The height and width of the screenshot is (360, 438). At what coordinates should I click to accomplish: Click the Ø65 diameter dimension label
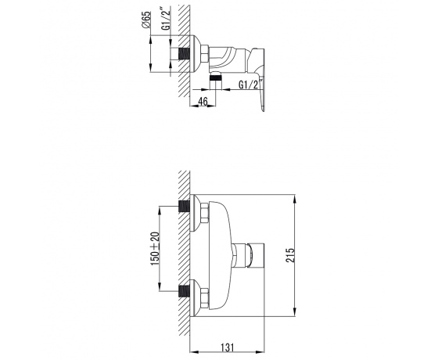pyautogui.click(x=146, y=20)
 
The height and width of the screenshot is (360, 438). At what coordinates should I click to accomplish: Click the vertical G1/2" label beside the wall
pyautogui.click(x=166, y=19)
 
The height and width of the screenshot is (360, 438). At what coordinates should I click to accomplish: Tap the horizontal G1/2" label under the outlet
pyautogui.click(x=251, y=84)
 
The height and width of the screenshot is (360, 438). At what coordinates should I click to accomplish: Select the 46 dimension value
pyautogui.click(x=203, y=101)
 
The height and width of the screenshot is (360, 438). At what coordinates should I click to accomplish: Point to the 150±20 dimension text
pyautogui.click(x=155, y=249)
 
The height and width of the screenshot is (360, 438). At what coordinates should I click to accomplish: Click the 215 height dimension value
pyautogui.click(x=290, y=255)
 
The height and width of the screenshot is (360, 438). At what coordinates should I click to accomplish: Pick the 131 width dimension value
pyautogui.click(x=228, y=347)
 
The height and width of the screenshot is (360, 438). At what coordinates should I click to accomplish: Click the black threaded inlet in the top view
pyautogui.click(x=184, y=54)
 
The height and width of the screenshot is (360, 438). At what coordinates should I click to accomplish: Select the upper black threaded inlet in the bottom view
pyautogui.click(x=184, y=207)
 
